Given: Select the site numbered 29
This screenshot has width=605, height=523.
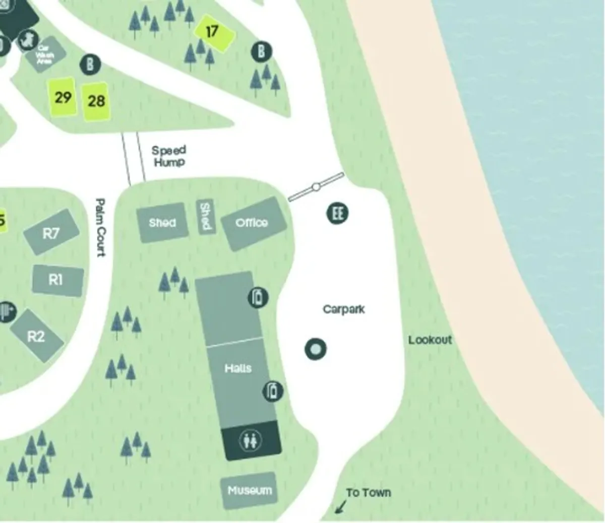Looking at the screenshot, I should point(63,97).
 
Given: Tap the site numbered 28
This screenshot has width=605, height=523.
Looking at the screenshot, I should point(96,101).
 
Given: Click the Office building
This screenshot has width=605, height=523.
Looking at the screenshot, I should point(252,223).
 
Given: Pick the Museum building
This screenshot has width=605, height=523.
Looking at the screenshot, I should point(249,490).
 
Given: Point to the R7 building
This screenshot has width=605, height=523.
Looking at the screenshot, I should point(51,233).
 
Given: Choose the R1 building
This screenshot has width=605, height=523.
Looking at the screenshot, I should point(56,280).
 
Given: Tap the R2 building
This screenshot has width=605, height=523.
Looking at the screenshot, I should point(36,336).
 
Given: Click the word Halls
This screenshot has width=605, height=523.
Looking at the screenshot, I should point(238,368).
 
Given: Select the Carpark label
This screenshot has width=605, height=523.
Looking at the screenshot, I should point(343,309).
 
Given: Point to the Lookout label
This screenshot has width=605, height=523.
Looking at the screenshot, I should point(430,340).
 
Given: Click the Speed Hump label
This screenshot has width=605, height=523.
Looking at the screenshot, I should point(169,156).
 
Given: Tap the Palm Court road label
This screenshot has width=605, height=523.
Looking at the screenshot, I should point(101,227).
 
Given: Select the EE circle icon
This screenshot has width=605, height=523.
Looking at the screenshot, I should point(337,213).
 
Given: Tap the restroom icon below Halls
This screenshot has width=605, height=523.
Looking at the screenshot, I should point(251,441).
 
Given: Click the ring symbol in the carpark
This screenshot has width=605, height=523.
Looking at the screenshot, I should point(316,349).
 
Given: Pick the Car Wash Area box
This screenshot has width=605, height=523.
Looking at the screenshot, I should point(45,54).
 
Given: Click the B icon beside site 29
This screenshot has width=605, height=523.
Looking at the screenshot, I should point(90,64).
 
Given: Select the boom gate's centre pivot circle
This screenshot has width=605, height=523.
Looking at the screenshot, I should point(316,187).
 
